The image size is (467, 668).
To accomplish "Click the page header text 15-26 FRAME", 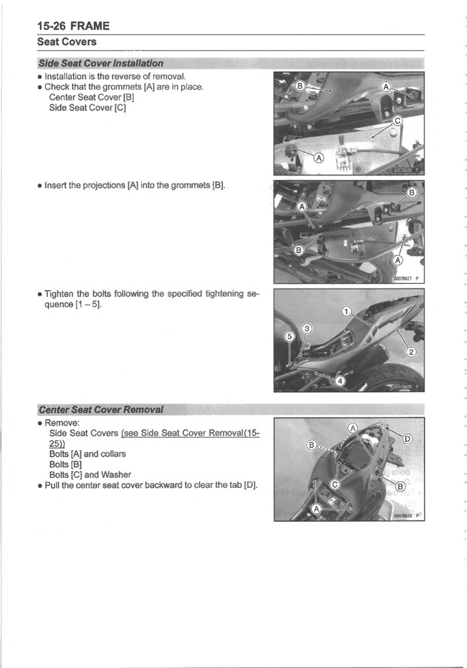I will tap(73, 27).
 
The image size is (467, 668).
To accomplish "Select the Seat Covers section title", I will tap(67, 42).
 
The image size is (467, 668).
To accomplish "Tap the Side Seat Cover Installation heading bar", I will tap(101, 63).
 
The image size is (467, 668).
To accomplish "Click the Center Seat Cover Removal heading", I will tap(101, 408).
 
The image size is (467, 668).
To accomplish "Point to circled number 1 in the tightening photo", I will tap(345, 312).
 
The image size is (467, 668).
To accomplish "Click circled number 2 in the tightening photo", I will tap(410, 352).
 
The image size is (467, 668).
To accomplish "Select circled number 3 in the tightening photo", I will tap(307, 329).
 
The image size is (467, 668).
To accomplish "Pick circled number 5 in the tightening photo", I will tap(289, 336).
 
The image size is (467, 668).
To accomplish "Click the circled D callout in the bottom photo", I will tap(408, 438).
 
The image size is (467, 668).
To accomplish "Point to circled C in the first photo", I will tap(398, 121).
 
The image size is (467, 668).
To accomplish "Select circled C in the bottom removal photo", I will tap(336, 484).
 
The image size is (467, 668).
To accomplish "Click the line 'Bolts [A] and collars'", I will tap(87, 454).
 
